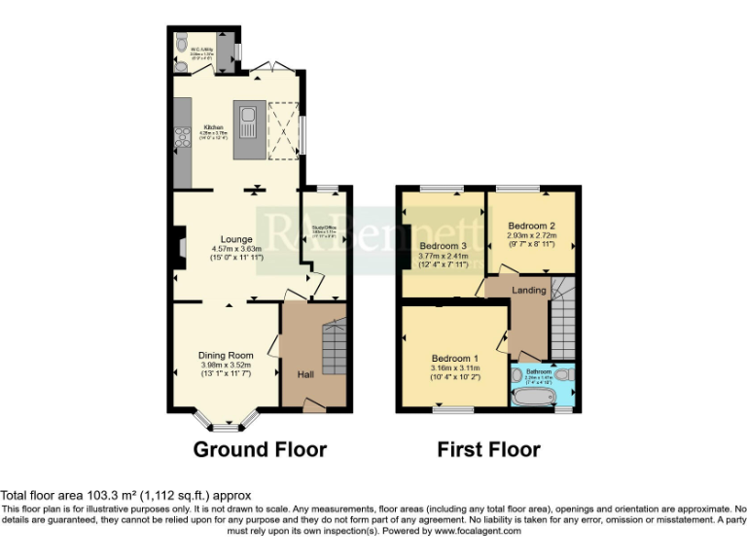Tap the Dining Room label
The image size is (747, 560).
click(226, 355)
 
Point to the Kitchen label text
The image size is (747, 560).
click(212, 127)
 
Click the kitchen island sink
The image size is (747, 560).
click(248, 122)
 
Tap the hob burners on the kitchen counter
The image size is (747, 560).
click(182, 138)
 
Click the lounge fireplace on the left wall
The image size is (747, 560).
click(180, 246)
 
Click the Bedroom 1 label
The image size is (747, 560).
click(454, 357)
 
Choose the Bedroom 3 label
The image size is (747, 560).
click(444, 246)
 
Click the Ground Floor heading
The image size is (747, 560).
click(260, 449)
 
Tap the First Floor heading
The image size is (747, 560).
click(488, 449)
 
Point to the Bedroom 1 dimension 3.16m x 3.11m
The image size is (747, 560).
click(455, 368)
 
